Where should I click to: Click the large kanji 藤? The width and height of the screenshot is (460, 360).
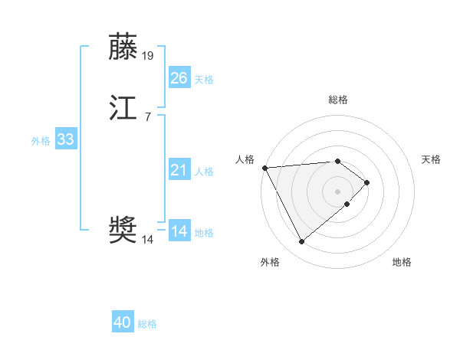123,47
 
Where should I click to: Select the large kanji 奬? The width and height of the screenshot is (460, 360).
123,231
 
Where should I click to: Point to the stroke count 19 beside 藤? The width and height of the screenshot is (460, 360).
149,56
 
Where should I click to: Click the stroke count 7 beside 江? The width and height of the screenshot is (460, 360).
148,116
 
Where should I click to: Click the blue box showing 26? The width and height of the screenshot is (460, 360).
179,78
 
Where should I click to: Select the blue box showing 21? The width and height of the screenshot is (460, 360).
179,170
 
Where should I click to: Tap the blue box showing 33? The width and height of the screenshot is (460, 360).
66,139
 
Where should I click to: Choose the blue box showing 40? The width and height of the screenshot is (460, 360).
123,322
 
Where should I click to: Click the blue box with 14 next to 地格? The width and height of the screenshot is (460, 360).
179,231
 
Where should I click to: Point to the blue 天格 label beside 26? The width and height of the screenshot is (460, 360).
204,80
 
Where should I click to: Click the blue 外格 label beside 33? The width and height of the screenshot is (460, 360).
41,141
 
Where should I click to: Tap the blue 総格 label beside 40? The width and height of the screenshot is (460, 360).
147,324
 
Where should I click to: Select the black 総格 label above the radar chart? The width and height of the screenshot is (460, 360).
338,100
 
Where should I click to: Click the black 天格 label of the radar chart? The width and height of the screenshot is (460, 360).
432,159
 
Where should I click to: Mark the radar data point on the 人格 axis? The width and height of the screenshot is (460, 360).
264,168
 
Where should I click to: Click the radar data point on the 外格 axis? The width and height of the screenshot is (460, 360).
301,242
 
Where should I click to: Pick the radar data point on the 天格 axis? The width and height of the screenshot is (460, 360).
367,182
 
